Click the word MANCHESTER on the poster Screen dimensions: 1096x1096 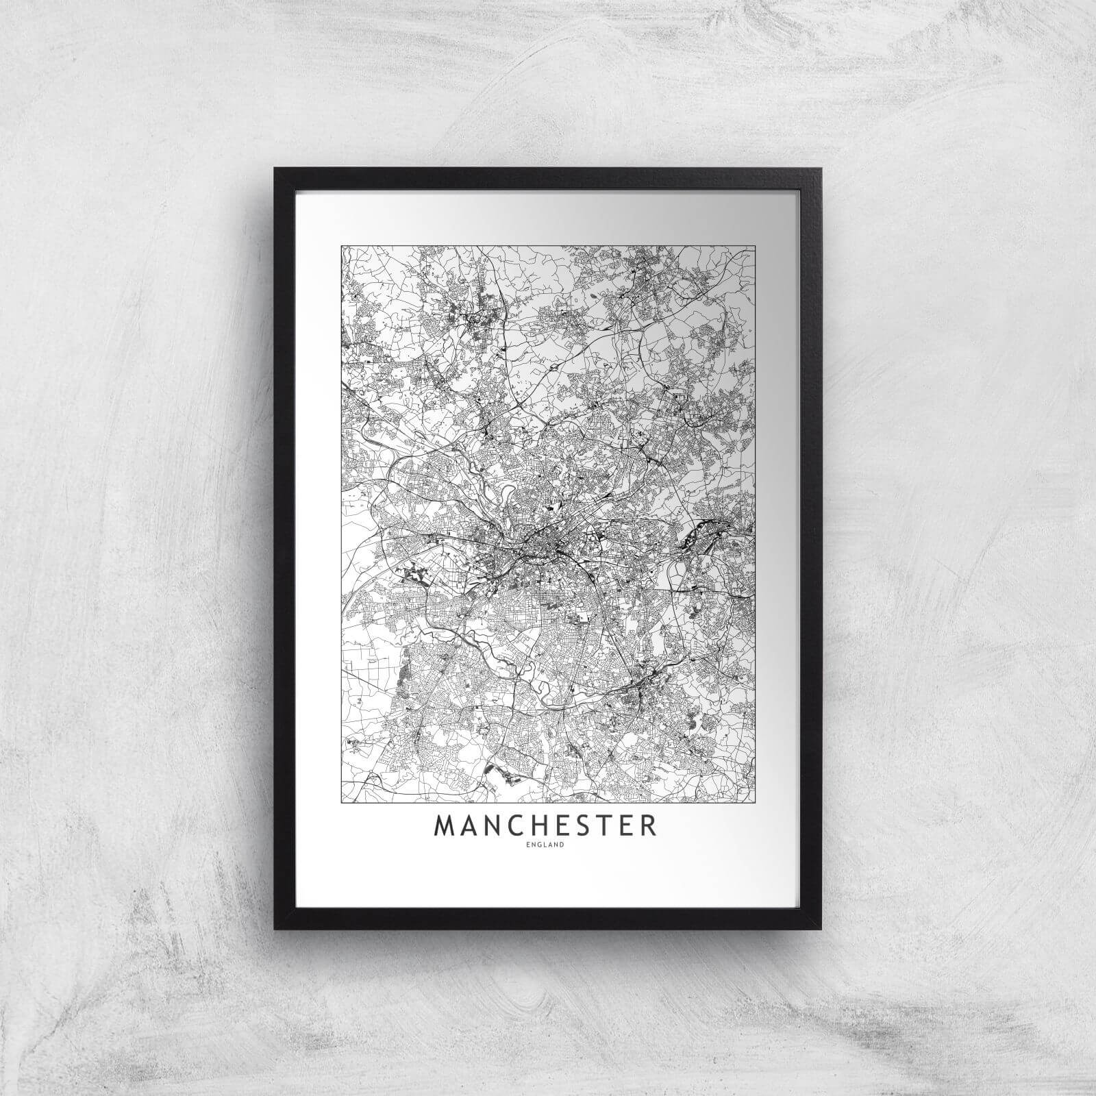click(545, 825)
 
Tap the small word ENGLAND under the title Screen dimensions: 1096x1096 click(546, 845)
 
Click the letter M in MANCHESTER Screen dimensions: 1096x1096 click(445, 825)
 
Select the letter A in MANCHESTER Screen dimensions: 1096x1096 click(469, 825)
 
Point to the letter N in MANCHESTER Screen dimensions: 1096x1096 click(492, 825)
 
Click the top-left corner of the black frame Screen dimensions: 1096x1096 click(275, 168)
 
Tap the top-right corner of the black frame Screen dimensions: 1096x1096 click(820, 168)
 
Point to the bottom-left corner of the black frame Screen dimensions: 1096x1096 click(275, 929)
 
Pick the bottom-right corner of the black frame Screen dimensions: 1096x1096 click(820, 929)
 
